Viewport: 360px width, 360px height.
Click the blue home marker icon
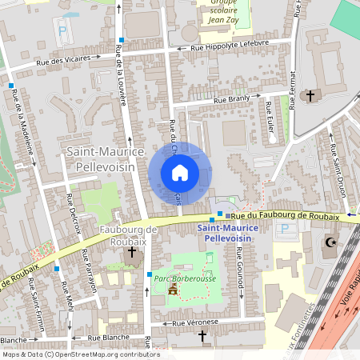(180, 173)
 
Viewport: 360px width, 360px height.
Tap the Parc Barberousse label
(186, 278)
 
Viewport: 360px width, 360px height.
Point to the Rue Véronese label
(195, 322)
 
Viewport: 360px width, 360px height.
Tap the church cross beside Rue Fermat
(311, 95)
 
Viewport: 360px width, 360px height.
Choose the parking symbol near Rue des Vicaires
(62, 33)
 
